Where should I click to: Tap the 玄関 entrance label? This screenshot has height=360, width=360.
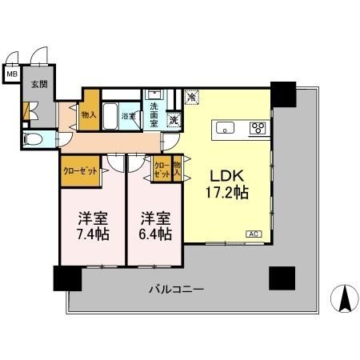38,84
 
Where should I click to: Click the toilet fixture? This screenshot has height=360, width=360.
34,138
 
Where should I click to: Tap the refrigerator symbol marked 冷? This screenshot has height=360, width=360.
192,97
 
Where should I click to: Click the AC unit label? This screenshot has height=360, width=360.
254,234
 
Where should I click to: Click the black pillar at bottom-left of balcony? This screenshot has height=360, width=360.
67,278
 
